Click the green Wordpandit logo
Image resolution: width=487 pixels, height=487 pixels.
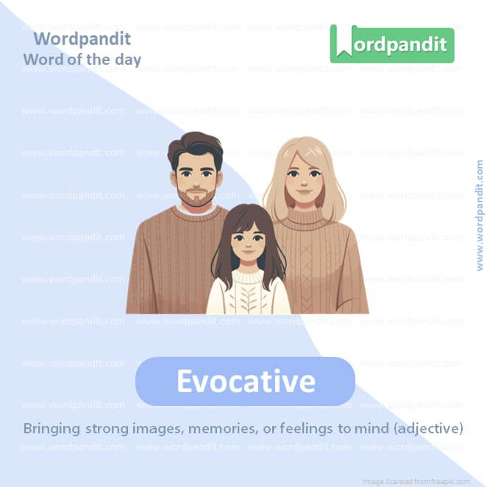(x=392, y=44)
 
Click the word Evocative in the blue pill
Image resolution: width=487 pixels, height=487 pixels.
(x=246, y=381)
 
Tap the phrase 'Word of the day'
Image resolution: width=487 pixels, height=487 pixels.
(x=82, y=59)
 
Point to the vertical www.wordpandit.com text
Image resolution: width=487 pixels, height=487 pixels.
(x=480, y=216)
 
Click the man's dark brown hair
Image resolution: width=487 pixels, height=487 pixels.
(x=194, y=143)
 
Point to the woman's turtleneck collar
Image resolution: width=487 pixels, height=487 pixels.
(x=303, y=217)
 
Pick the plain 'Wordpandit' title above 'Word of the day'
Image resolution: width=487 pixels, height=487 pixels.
(x=82, y=38)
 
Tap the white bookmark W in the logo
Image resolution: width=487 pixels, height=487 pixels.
(x=343, y=43)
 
